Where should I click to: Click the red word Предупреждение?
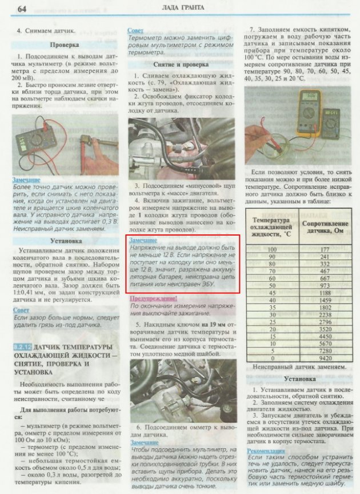[154, 298]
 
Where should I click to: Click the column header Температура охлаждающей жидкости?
[271, 225]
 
